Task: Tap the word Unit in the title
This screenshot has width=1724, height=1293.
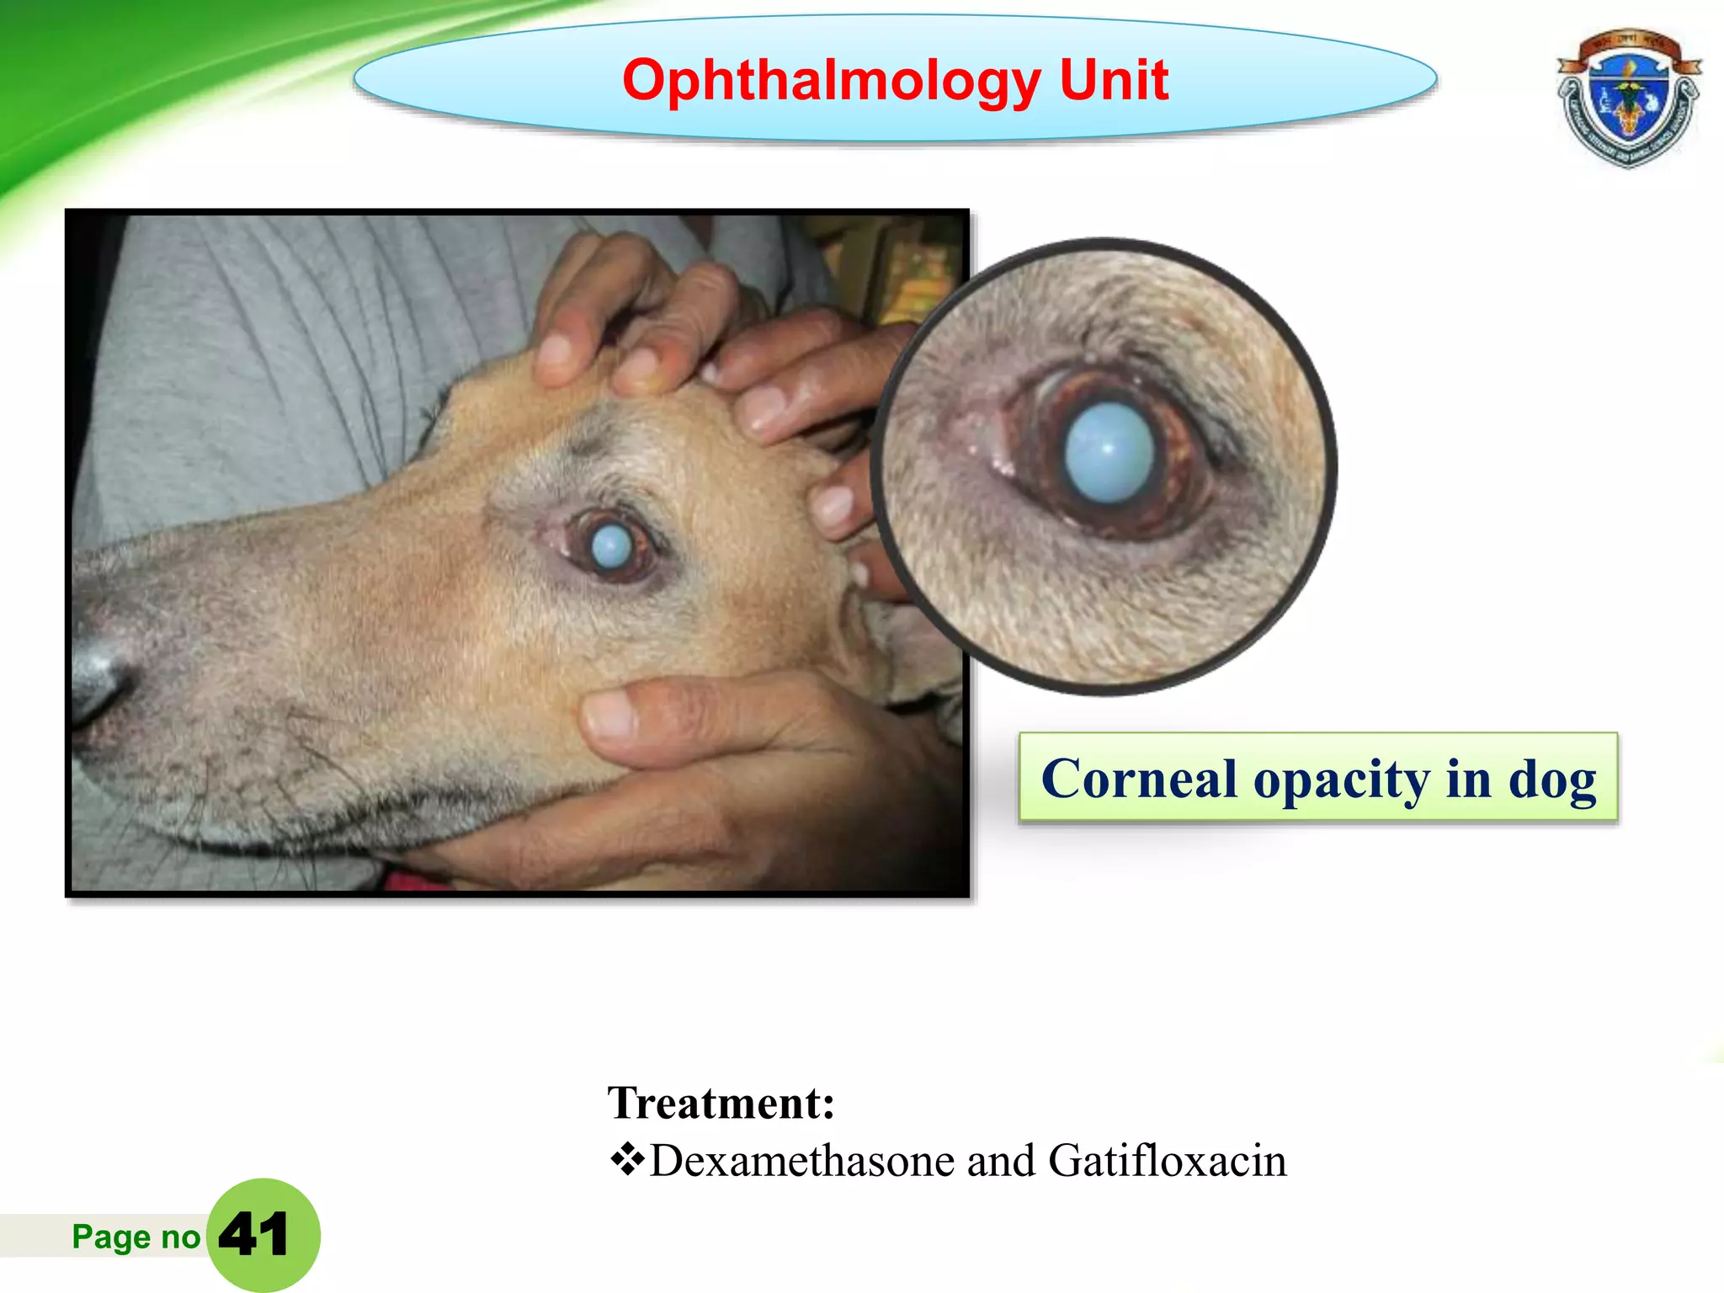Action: (x=1114, y=81)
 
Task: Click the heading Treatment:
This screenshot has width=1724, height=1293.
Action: (x=721, y=1103)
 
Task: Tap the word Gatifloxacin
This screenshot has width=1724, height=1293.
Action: (x=1168, y=1161)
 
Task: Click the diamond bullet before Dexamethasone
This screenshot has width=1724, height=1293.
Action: (x=626, y=1160)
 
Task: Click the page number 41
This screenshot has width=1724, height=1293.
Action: (x=253, y=1235)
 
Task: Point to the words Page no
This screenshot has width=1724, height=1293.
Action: (x=136, y=1237)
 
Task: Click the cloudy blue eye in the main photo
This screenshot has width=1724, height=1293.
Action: (x=611, y=546)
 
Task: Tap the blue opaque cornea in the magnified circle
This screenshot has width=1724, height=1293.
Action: (x=1109, y=453)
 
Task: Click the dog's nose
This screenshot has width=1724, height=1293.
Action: (x=99, y=673)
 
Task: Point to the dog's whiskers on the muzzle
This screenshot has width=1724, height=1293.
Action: (x=253, y=758)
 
